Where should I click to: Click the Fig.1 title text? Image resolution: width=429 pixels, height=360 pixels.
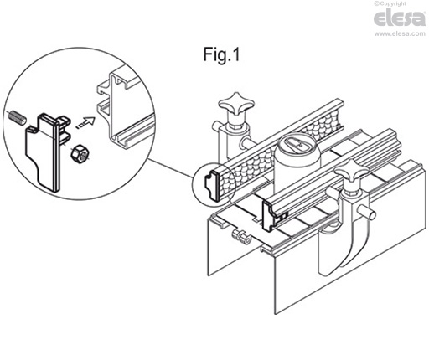[x=221, y=54]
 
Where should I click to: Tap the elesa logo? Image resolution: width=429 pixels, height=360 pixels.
[x=399, y=18]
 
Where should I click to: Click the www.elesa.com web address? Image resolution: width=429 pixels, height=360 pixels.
[x=400, y=33]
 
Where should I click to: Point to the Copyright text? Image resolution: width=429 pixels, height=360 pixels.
[x=390, y=3]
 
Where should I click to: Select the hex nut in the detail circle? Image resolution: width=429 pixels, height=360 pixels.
[x=80, y=153]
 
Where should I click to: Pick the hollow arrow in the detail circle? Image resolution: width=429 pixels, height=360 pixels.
[x=86, y=122]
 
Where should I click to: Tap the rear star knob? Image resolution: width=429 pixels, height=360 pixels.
[x=236, y=104]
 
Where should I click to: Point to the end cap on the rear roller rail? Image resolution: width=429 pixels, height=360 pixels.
[x=211, y=183]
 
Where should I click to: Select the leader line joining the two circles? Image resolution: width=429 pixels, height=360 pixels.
[x=170, y=167]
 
